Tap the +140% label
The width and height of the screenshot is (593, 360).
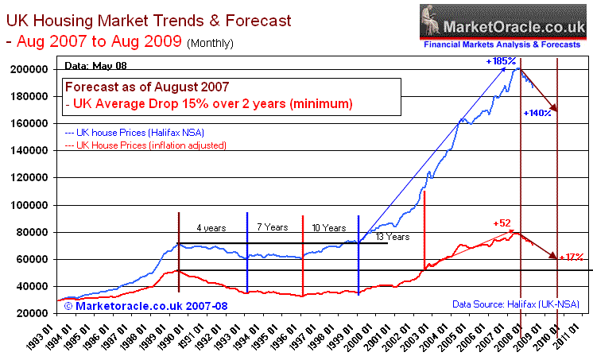coord(538,114)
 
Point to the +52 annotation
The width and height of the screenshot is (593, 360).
coord(502,224)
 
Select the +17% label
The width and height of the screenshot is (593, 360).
coord(572,257)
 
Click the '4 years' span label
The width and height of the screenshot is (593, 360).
coord(211,228)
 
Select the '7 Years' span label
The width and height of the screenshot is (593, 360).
coord(272,227)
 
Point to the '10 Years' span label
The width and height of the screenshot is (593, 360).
coord(329,227)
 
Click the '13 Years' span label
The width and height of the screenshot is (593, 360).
coord(392,237)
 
